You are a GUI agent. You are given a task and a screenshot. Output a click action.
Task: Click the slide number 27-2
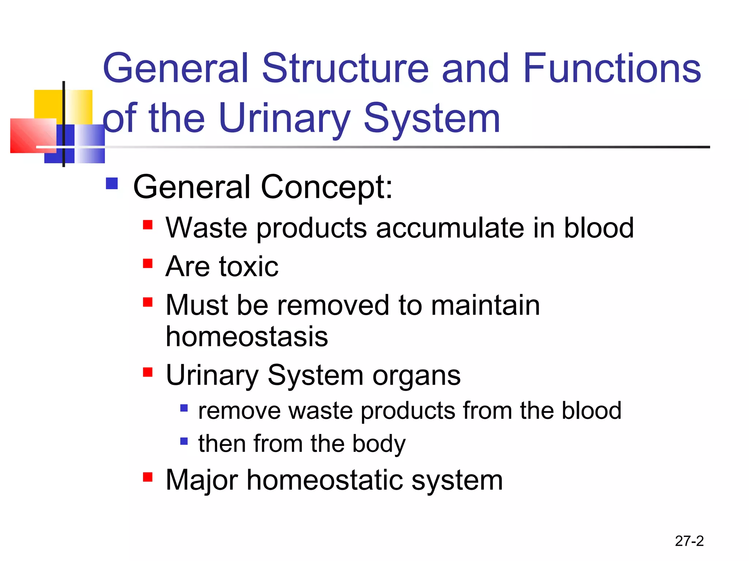[689, 541]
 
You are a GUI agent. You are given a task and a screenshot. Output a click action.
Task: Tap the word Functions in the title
[612, 68]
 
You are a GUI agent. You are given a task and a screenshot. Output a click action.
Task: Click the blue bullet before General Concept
[112, 183]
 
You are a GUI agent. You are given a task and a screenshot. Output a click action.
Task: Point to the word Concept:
[326, 187]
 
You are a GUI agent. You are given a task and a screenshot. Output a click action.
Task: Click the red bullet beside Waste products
[147, 224]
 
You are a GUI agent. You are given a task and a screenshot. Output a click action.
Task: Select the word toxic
[249, 267]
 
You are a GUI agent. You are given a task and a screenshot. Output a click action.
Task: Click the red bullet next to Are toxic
[147, 263]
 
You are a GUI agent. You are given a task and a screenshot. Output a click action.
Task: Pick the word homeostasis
[247, 336]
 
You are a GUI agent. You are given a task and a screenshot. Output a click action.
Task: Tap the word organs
[416, 375]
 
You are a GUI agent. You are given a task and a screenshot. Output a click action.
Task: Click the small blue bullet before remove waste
[184, 408]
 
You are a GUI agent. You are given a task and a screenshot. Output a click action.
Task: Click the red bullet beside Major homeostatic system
[147, 477]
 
